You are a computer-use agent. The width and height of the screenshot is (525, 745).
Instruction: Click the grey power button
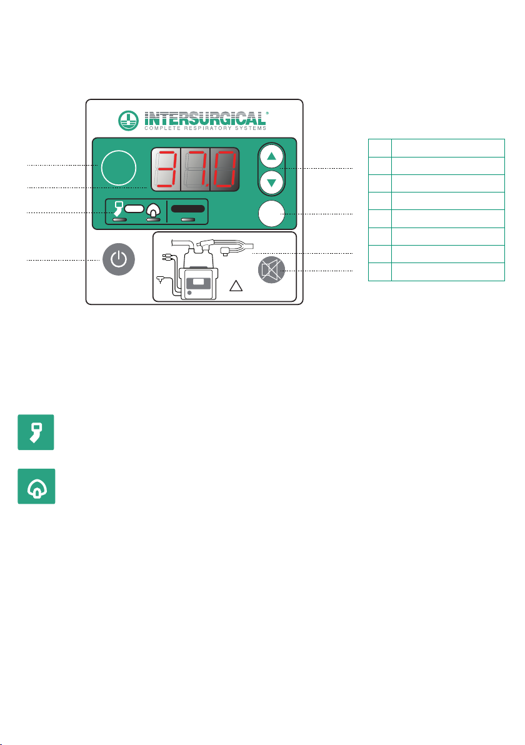click(x=119, y=259)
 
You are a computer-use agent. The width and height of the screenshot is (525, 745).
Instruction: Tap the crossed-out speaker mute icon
click(x=272, y=270)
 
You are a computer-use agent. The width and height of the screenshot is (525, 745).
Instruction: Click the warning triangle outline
click(x=236, y=286)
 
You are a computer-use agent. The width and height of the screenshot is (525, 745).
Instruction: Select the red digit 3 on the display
click(x=166, y=169)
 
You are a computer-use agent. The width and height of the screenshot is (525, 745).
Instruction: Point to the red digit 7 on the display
click(x=195, y=169)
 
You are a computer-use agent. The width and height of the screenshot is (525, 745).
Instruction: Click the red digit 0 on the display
click(x=225, y=169)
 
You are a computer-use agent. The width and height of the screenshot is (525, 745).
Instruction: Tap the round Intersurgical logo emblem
click(x=127, y=121)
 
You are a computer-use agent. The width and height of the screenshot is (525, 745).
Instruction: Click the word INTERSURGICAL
click(x=205, y=118)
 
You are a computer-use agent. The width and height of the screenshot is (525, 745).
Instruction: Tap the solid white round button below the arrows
click(x=271, y=214)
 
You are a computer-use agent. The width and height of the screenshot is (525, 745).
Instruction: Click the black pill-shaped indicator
click(x=187, y=209)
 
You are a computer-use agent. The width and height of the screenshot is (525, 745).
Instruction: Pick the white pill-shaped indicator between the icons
click(x=134, y=208)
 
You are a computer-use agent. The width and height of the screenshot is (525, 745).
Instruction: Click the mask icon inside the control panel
click(x=153, y=209)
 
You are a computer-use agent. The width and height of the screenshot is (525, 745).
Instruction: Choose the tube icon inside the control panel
click(x=118, y=209)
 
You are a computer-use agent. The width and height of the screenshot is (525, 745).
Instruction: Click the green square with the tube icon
click(x=36, y=432)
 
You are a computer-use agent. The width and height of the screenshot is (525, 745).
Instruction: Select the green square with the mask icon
click(x=36, y=486)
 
